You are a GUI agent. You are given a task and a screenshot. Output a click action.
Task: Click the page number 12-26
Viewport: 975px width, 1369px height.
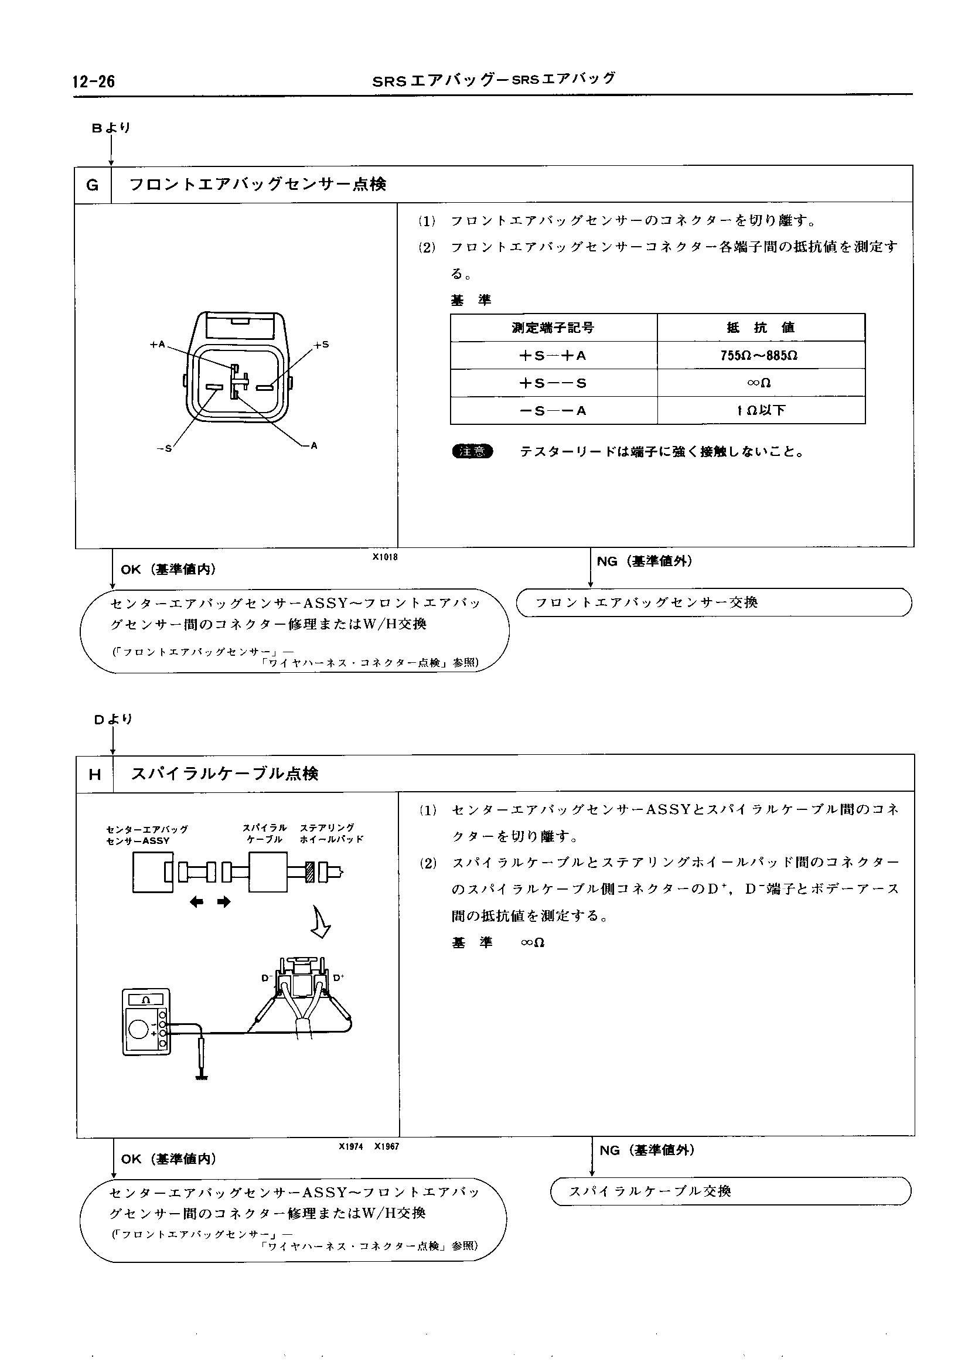[x=94, y=81]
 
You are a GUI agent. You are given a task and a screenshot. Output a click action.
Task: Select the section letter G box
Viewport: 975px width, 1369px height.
[x=93, y=185]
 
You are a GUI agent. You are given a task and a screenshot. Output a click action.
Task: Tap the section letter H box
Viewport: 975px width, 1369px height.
[x=95, y=775]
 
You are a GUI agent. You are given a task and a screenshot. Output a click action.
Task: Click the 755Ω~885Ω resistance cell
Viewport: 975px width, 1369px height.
[x=760, y=356]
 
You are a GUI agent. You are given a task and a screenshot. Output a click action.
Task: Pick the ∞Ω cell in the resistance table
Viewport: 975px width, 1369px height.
[x=760, y=383]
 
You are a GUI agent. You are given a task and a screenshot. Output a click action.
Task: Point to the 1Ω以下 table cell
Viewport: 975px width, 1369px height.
[x=760, y=411]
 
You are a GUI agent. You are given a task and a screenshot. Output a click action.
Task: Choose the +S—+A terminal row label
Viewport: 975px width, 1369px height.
[x=553, y=356]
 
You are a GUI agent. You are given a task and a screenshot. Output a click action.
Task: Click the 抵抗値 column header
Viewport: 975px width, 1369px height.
[x=760, y=328]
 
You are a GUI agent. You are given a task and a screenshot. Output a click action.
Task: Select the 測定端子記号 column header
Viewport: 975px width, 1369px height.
[x=553, y=328]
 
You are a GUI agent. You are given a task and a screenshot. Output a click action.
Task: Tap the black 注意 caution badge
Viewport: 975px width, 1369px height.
[x=472, y=451]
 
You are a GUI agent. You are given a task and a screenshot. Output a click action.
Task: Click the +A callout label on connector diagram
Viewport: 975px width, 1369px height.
[x=157, y=345]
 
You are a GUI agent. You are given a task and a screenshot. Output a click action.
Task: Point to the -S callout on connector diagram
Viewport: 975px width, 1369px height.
[x=164, y=448]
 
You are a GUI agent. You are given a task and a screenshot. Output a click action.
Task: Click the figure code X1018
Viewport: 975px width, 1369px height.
[x=385, y=557]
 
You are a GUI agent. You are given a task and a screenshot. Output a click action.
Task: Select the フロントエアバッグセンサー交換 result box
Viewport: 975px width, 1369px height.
[x=713, y=602]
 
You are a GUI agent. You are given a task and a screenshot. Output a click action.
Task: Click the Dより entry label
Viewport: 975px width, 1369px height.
[x=113, y=719]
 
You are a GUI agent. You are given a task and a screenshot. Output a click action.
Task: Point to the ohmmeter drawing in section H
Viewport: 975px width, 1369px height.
[x=146, y=1022]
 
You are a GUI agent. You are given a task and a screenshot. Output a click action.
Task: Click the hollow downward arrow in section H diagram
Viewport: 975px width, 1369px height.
[x=321, y=922]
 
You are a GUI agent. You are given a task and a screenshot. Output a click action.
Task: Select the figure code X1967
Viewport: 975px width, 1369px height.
[x=387, y=1146]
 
